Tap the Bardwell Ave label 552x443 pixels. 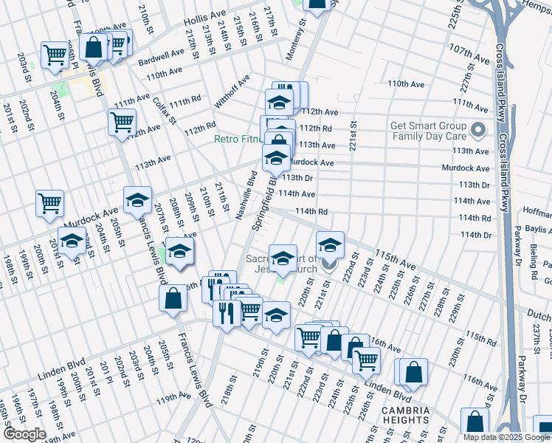165,55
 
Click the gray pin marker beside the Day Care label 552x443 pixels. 479,131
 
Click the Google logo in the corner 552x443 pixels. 25,434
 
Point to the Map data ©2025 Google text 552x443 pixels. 505,437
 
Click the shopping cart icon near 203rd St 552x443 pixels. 55,54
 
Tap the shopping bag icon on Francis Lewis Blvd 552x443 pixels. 173,299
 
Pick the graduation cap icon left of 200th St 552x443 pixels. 72,241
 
